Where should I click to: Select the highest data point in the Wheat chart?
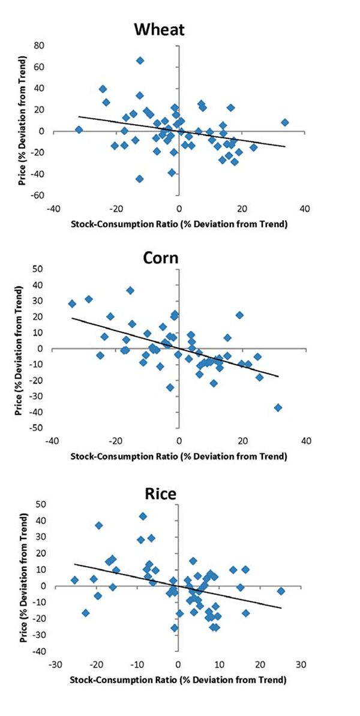[140, 61]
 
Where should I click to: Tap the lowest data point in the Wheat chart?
[139, 179]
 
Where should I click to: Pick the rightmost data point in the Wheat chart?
[285, 122]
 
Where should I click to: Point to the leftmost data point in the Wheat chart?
[79, 130]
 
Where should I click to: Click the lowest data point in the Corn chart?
[278, 408]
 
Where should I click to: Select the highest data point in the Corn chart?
[130, 291]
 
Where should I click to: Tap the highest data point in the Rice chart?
[143, 516]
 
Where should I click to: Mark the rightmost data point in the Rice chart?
[280, 591]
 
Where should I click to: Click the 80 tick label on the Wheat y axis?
[40, 46]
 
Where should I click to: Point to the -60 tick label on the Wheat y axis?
[38, 195]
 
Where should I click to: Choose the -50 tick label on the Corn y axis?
[38, 428]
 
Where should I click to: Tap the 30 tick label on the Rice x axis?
[301, 665]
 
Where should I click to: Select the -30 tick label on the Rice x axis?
[54, 665]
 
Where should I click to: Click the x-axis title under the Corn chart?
[178, 456]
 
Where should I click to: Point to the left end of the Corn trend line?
[73, 318]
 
